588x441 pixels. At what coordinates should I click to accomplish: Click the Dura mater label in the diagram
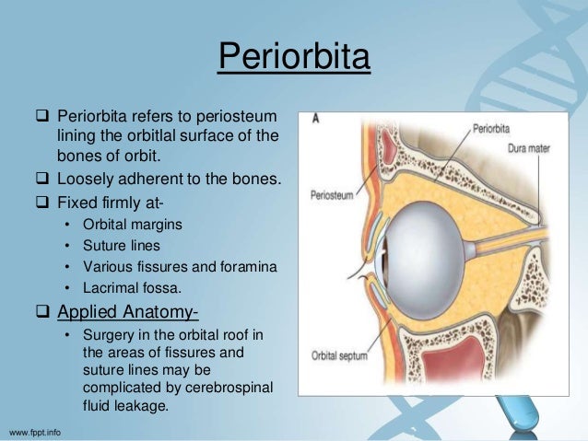(x=532, y=149)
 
